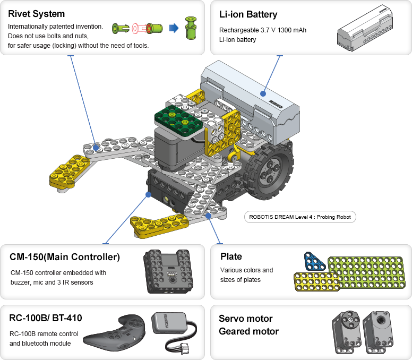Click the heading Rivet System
[36, 14]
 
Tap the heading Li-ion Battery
[248, 14]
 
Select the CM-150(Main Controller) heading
[65, 258]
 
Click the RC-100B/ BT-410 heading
[46, 318]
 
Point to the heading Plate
[231, 256]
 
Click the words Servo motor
[245, 319]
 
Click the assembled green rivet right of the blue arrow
[190, 28]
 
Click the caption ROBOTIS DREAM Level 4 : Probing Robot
[300, 217]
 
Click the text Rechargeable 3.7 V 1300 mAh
[263, 30]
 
